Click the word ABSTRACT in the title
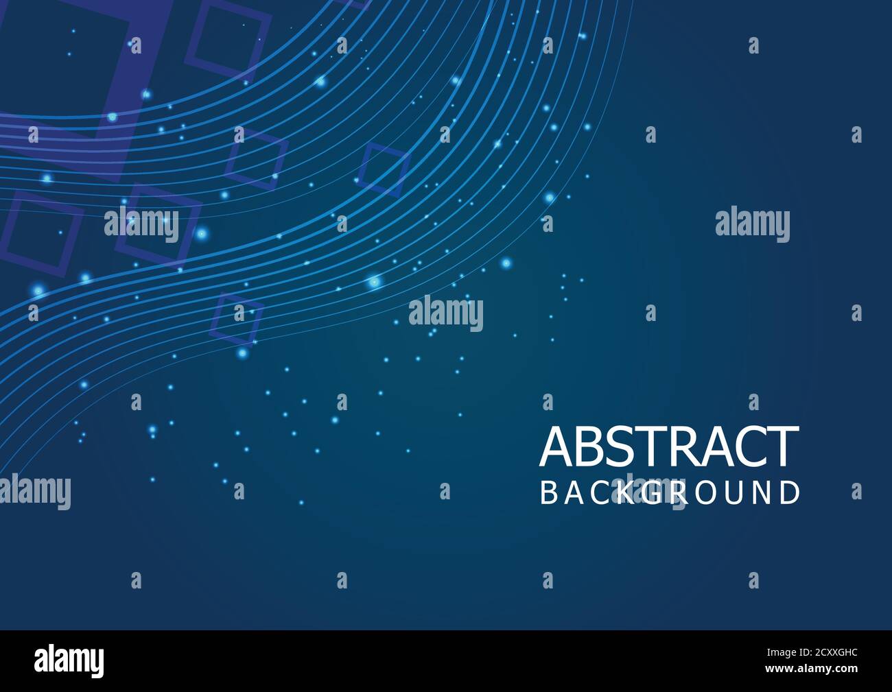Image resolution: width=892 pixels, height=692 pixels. point(669,447)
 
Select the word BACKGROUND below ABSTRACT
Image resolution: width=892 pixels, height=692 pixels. point(670,493)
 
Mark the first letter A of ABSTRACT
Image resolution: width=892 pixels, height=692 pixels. point(556,447)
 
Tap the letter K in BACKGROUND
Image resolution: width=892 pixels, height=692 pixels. point(626,493)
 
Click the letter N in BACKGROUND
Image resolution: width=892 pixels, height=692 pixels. point(763,493)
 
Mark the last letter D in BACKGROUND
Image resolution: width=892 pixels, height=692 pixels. point(791,493)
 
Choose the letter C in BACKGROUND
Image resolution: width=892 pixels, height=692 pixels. point(600,493)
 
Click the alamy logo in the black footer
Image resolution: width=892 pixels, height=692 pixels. point(69,660)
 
